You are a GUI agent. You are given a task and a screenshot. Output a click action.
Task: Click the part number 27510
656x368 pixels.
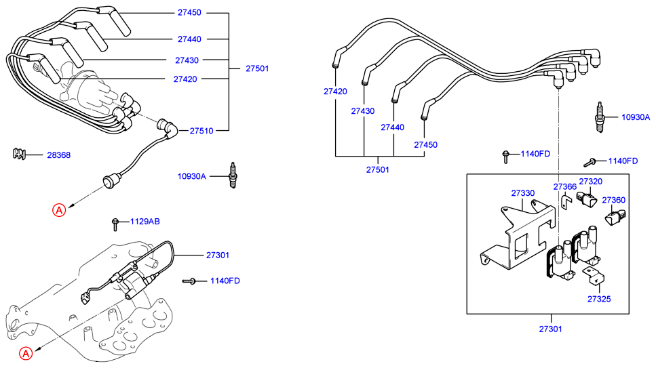pos(201,130)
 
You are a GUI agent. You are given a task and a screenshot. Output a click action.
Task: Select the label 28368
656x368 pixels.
pos(58,155)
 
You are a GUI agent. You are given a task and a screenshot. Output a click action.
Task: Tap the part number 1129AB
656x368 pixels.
pos(145,222)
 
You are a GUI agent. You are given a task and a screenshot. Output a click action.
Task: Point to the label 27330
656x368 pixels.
pos(523,193)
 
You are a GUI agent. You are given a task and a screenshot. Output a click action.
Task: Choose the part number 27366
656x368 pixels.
pos(564,186)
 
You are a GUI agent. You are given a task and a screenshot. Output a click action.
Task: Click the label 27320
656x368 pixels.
pos(590,182)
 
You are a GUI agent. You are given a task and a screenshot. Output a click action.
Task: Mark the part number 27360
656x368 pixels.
pos(614,200)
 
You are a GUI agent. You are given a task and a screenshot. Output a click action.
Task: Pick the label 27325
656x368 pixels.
pos(599,298)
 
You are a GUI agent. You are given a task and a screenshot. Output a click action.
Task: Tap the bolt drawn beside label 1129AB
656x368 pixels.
pos(116,222)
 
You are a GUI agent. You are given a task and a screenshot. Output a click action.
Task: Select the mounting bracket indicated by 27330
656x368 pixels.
pos(519,234)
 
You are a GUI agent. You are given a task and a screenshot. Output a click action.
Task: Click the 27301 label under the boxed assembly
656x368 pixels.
pos(551,329)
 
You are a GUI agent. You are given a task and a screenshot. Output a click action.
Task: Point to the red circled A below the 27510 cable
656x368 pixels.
pos(60,210)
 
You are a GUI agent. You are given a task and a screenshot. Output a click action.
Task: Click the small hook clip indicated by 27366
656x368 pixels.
pos(564,203)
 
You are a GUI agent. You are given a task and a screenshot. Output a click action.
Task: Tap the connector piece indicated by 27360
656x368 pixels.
pos(615,217)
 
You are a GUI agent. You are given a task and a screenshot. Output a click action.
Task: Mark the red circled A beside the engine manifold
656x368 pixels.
pos(25,353)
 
